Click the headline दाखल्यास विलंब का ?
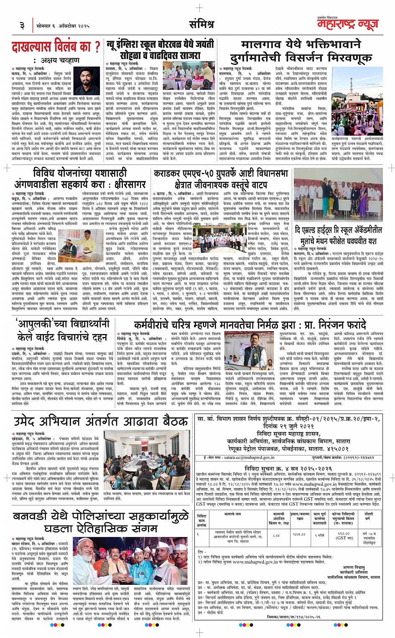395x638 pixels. [x=56, y=46]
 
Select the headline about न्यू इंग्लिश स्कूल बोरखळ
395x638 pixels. [x=161, y=49]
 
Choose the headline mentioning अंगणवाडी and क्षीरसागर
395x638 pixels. [x=80, y=178]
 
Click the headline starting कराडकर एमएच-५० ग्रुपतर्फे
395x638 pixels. [x=221, y=179]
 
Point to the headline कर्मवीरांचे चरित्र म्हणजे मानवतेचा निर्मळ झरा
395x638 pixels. [x=250, y=325]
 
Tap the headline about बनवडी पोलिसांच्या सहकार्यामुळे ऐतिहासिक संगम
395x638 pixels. [x=100, y=522]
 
